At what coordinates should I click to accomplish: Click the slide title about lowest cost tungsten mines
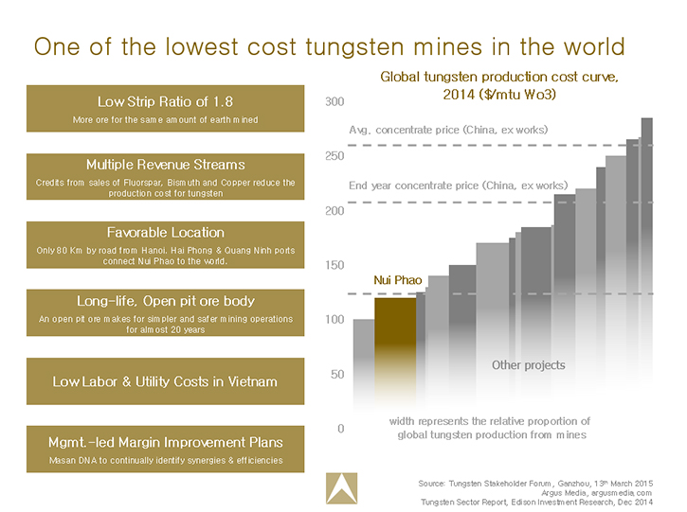pyautogui.click(x=329, y=46)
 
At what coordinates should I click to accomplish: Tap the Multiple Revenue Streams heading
pyautogui.click(x=165, y=164)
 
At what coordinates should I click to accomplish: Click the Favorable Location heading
pyautogui.click(x=165, y=232)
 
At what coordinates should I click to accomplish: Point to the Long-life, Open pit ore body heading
pyautogui.click(x=165, y=300)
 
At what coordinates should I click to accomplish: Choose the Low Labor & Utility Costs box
pyautogui.click(x=165, y=381)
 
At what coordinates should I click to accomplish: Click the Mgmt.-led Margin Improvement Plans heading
pyautogui.click(x=165, y=441)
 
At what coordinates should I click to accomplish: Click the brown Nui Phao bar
pyautogui.click(x=395, y=341)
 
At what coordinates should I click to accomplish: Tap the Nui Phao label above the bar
pyautogui.click(x=395, y=280)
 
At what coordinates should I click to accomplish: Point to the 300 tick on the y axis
pyautogui.click(x=334, y=101)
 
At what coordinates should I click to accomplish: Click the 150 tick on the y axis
pyautogui.click(x=334, y=265)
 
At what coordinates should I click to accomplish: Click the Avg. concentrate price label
pyautogui.click(x=448, y=129)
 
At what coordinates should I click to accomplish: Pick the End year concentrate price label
pyautogui.click(x=458, y=185)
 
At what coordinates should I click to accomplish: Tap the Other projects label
pyautogui.click(x=528, y=365)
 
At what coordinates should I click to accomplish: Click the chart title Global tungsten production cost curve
pyautogui.click(x=498, y=86)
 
